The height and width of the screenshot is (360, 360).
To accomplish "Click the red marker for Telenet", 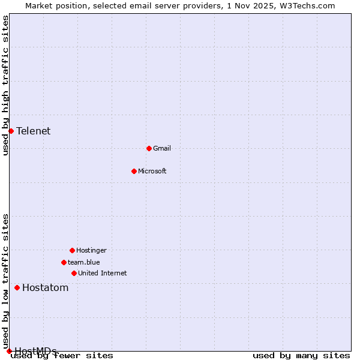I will coord(11,131).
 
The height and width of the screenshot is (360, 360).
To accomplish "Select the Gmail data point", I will coord(149,148).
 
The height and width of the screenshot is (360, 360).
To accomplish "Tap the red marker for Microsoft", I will coord(134,171).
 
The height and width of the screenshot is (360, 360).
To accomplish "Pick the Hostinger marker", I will coord(72,250).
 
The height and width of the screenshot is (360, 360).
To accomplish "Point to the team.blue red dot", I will coord(64,262).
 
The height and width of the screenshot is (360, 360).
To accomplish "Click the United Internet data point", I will coord(74,273).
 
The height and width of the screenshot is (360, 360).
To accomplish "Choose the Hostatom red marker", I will coord(17,287).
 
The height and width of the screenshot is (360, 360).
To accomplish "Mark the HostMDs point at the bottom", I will coord(9,351).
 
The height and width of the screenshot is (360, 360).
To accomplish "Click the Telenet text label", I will coord(33,131).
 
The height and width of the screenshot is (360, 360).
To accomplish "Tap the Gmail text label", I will coord(162,148).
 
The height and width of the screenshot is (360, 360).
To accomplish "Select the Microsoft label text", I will coord(152,171).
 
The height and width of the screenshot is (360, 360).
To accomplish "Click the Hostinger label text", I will coord(91,250).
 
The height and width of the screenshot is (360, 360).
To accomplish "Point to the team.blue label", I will coord(84,262).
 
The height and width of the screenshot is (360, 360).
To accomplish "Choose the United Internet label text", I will coord(103,273).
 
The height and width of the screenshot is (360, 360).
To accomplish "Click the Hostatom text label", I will coord(46,287).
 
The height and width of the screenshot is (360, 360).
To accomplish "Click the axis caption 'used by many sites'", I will coord(301,356).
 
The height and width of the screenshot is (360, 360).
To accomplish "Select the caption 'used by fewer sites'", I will coord(62,356).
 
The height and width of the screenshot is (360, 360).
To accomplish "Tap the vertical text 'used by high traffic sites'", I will coord(5,86).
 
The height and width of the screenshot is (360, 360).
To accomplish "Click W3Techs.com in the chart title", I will coord(305,5).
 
